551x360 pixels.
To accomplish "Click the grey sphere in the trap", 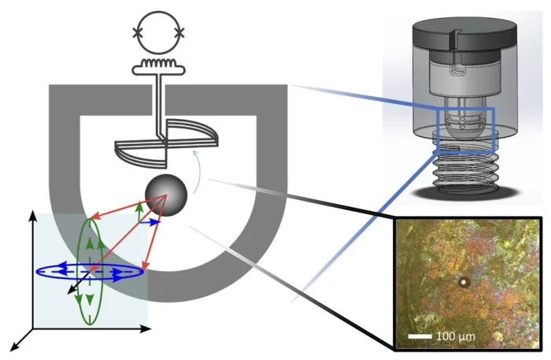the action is (166, 195).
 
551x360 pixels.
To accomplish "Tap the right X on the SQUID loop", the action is (179, 33).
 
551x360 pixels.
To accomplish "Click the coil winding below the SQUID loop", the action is (158, 63).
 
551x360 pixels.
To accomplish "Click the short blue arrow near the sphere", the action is (150, 222).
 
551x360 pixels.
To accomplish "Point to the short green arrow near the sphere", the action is (140, 211).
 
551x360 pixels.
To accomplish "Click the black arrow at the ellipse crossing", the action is (79, 282).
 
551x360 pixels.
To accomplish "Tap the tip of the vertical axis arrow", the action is (33, 211).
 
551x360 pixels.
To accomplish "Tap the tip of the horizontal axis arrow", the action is (151, 329).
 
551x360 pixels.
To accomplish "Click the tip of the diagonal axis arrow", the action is (9, 351).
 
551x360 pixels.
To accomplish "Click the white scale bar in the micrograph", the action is (420, 336).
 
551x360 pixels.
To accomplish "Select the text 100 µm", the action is (456, 336).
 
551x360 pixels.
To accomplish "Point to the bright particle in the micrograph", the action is (464, 281).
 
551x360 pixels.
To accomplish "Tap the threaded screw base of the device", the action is (464, 168).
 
